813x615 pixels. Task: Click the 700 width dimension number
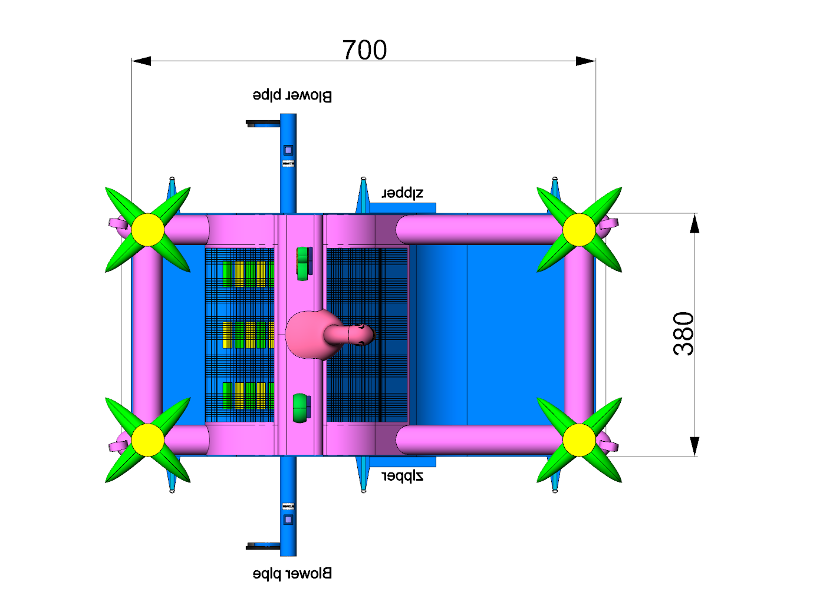pos(364,50)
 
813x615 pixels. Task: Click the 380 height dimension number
pos(683,333)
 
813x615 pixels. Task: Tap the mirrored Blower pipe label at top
pos(292,95)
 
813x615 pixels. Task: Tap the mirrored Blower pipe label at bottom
pos(292,573)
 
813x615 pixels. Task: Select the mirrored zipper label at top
pos(403,193)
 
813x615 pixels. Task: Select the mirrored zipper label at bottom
pos(403,475)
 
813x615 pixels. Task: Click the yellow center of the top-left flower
pos(147,230)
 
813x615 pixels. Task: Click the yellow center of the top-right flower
pos(579,230)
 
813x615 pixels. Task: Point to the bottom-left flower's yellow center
pos(147,440)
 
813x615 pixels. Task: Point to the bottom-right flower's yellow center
pos(579,440)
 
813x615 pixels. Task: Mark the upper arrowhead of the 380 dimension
pos(694,224)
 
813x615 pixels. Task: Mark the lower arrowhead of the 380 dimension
pos(694,446)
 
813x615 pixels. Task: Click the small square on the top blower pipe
pos(288,150)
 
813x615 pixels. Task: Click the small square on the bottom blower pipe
pos(288,520)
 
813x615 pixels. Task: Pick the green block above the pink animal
pos(303,263)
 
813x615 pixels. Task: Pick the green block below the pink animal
pos(301,408)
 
